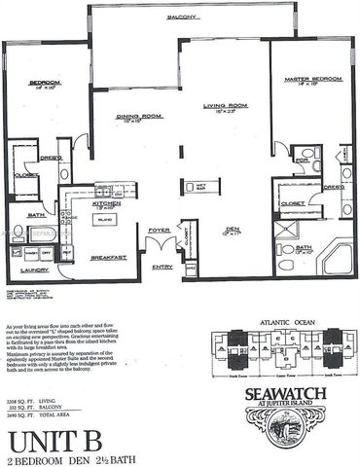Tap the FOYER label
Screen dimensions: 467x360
159,231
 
